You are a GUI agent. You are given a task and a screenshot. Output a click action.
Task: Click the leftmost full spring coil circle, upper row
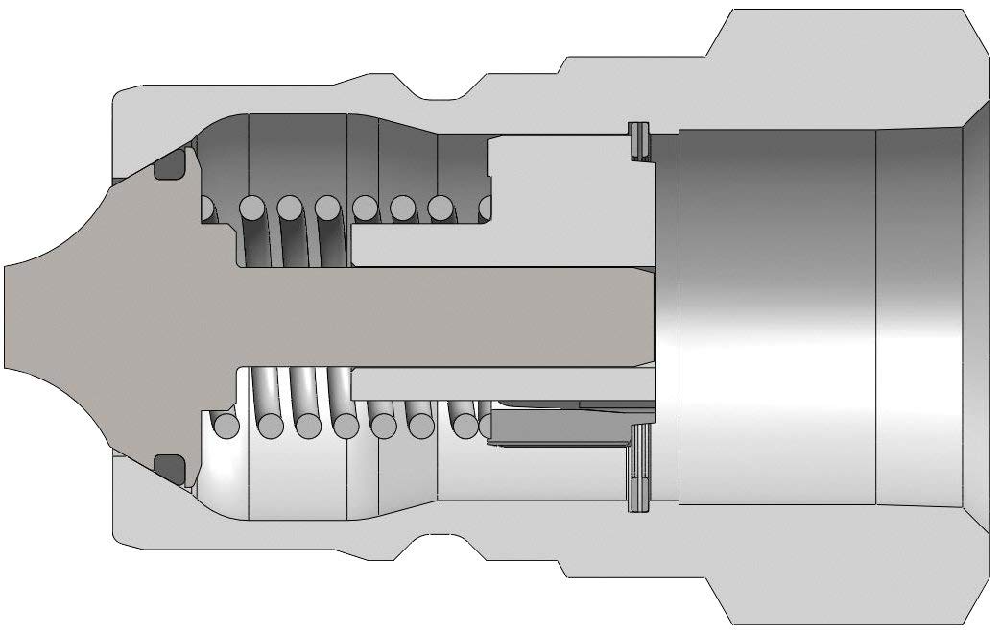251,208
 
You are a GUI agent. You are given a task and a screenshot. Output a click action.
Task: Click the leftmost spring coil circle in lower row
226,425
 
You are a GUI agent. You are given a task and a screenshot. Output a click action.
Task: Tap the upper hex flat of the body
845,12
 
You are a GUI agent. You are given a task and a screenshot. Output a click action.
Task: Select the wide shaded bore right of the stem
777,316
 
